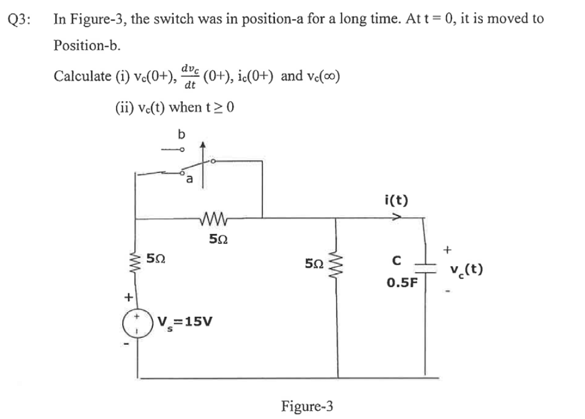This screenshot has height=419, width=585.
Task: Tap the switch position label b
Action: (x=180, y=134)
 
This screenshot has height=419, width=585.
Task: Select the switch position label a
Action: (x=189, y=179)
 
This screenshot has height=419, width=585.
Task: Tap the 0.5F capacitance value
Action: (x=402, y=282)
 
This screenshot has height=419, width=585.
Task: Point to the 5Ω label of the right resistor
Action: (x=314, y=262)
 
